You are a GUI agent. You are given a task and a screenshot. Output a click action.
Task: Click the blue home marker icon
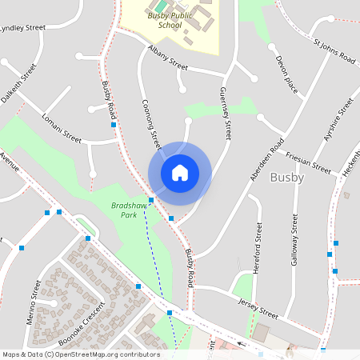pyautogui.click(x=179, y=173)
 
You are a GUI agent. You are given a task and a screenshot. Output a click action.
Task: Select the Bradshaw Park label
pyautogui.click(x=123, y=210)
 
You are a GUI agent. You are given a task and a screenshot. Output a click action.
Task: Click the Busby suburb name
pyautogui.click(x=287, y=178)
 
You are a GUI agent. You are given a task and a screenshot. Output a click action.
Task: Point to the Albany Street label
pyautogui.click(x=167, y=57)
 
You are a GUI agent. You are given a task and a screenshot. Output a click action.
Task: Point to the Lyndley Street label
pyautogui.click(x=22, y=28)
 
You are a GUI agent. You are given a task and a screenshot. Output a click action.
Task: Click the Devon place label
pyautogui.click(x=286, y=74)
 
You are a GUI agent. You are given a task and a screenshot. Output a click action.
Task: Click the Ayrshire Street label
pyautogui.click(x=338, y=120)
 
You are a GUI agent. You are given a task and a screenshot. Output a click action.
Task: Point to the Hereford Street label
pyautogui.click(x=258, y=249)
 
